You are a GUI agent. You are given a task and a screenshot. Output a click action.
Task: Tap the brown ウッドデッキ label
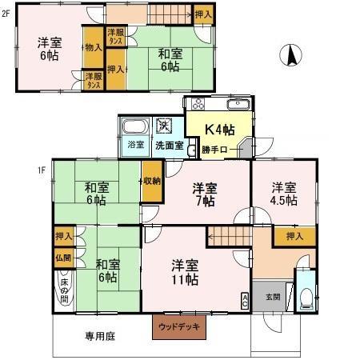pyautogui.click(x=179, y=326)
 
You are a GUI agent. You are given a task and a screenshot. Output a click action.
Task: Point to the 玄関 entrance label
pyautogui.click(x=273, y=297)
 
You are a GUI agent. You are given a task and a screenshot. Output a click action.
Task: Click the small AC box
pyautogui.click(x=243, y=300)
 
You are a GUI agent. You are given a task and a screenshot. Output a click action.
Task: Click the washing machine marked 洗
pyautogui.click(x=163, y=125)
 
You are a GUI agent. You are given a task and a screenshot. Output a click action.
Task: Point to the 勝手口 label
pyautogui.click(x=216, y=148)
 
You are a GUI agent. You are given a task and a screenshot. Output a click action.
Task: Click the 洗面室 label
pyautogui.click(x=169, y=146)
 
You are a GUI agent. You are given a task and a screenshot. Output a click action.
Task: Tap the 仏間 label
pyautogui.click(x=63, y=258)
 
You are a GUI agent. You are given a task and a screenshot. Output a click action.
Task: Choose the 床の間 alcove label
pyautogui.click(x=64, y=289)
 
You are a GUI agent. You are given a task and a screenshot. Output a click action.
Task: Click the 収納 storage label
pyautogui.click(x=151, y=181)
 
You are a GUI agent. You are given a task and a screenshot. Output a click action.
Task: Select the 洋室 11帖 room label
pyautogui.click(x=185, y=271)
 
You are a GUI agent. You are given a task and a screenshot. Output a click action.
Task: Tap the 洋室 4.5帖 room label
pyautogui.click(x=284, y=194)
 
